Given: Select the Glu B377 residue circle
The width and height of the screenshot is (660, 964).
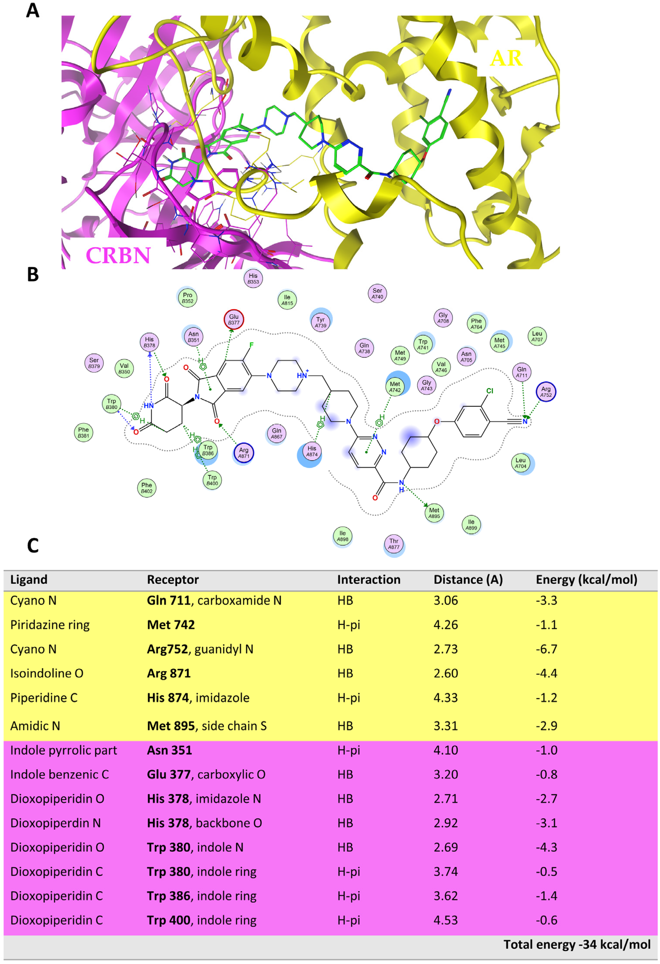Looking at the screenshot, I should tap(234, 319).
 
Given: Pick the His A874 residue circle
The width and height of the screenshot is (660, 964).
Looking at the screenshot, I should tap(312, 451).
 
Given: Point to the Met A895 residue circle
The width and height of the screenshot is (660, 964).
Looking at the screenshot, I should tap(434, 513).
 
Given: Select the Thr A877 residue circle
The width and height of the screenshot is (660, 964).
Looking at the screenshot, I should tap(394, 544).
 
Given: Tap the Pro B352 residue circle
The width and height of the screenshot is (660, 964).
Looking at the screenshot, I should tap(187, 298).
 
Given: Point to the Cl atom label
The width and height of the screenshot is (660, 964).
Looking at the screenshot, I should tap(490, 391).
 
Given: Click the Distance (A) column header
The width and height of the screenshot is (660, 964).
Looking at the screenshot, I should tap(468, 580).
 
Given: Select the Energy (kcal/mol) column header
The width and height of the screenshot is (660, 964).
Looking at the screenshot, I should tap(586, 580).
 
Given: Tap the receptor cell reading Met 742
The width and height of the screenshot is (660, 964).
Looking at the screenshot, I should tap(171, 625).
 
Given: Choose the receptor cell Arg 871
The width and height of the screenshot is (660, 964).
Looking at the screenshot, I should tap(169, 673).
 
